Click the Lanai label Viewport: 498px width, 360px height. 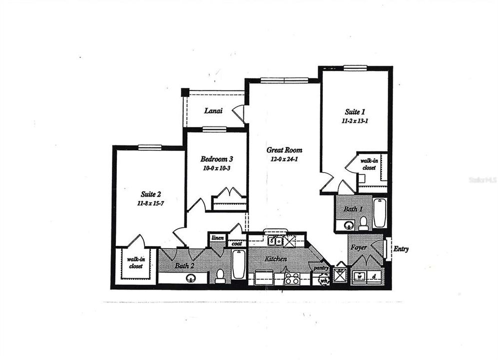(213, 111)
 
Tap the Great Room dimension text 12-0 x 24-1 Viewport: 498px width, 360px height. (284, 159)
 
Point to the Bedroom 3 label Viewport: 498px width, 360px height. (217, 159)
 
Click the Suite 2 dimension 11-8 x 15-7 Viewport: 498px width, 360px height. (150, 203)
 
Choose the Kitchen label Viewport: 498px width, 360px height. (276, 259)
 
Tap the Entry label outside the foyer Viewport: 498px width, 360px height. (401, 248)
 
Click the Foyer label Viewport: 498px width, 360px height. (359, 247)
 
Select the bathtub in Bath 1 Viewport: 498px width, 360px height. (379, 212)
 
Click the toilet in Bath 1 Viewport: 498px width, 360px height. (363, 222)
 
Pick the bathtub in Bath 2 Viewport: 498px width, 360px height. (239, 264)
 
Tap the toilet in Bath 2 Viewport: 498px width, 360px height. (220, 276)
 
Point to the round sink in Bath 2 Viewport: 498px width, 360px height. (191, 278)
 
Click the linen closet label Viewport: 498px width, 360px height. (217, 238)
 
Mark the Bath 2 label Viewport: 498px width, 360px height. (184, 266)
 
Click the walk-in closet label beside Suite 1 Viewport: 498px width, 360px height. (370, 164)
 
